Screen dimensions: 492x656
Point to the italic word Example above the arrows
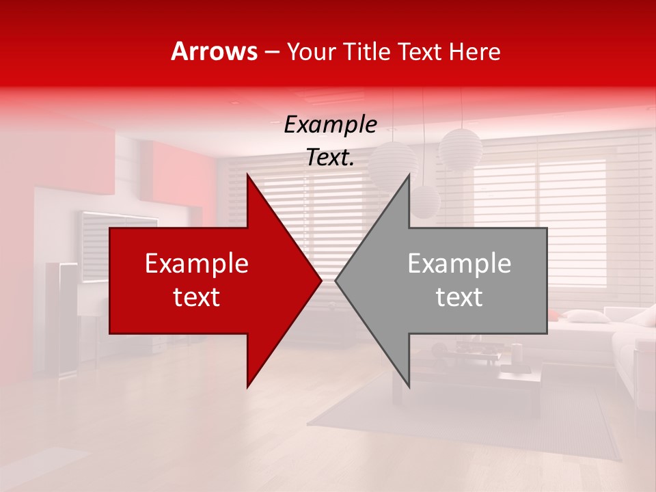pyautogui.click(x=330, y=125)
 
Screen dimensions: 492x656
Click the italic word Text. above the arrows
pyautogui.click(x=330, y=158)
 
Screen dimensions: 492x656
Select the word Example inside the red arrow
pyautogui.click(x=197, y=264)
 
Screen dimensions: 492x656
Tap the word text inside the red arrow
pyautogui.click(x=197, y=297)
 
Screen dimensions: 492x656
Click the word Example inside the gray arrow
pyautogui.click(x=459, y=264)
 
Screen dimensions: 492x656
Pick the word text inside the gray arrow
pyautogui.click(x=459, y=297)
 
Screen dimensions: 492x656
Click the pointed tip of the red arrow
pyautogui.click(x=321, y=280)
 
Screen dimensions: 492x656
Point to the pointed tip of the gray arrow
pyautogui.click(x=336, y=280)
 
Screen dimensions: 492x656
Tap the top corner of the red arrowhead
pyautogui.click(x=247, y=175)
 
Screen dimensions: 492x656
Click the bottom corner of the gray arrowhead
pyautogui.click(x=409, y=387)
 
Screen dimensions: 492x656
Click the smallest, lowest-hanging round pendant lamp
pyautogui.click(x=424, y=202)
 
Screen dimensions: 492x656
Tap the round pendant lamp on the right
pyautogui.click(x=461, y=148)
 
